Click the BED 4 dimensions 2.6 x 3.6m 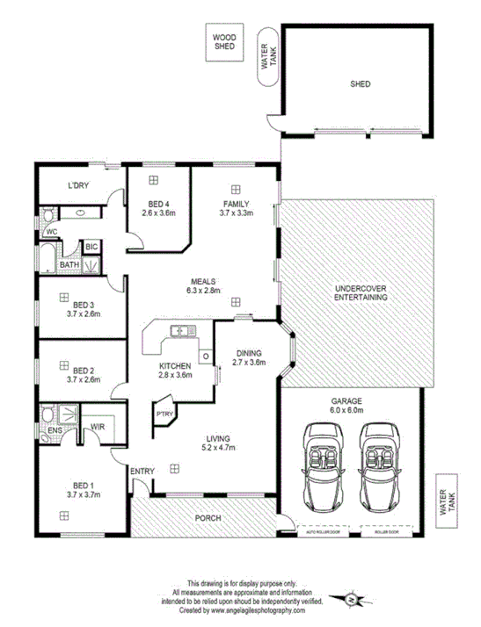pyautogui.click(x=159, y=213)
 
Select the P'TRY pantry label pyautogui.click(x=164, y=413)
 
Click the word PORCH pyautogui.click(x=208, y=518)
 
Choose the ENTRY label pyautogui.click(x=142, y=472)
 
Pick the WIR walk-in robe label pyautogui.click(x=98, y=428)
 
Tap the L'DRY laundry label pyautogui.click(x=81, y=185)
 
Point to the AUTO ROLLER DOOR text pyautogui.click(x=322, y=532)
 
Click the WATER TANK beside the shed pyautogui.click(x=265, y=58)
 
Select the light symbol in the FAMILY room pyautogui.click(x=237, y=188)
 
